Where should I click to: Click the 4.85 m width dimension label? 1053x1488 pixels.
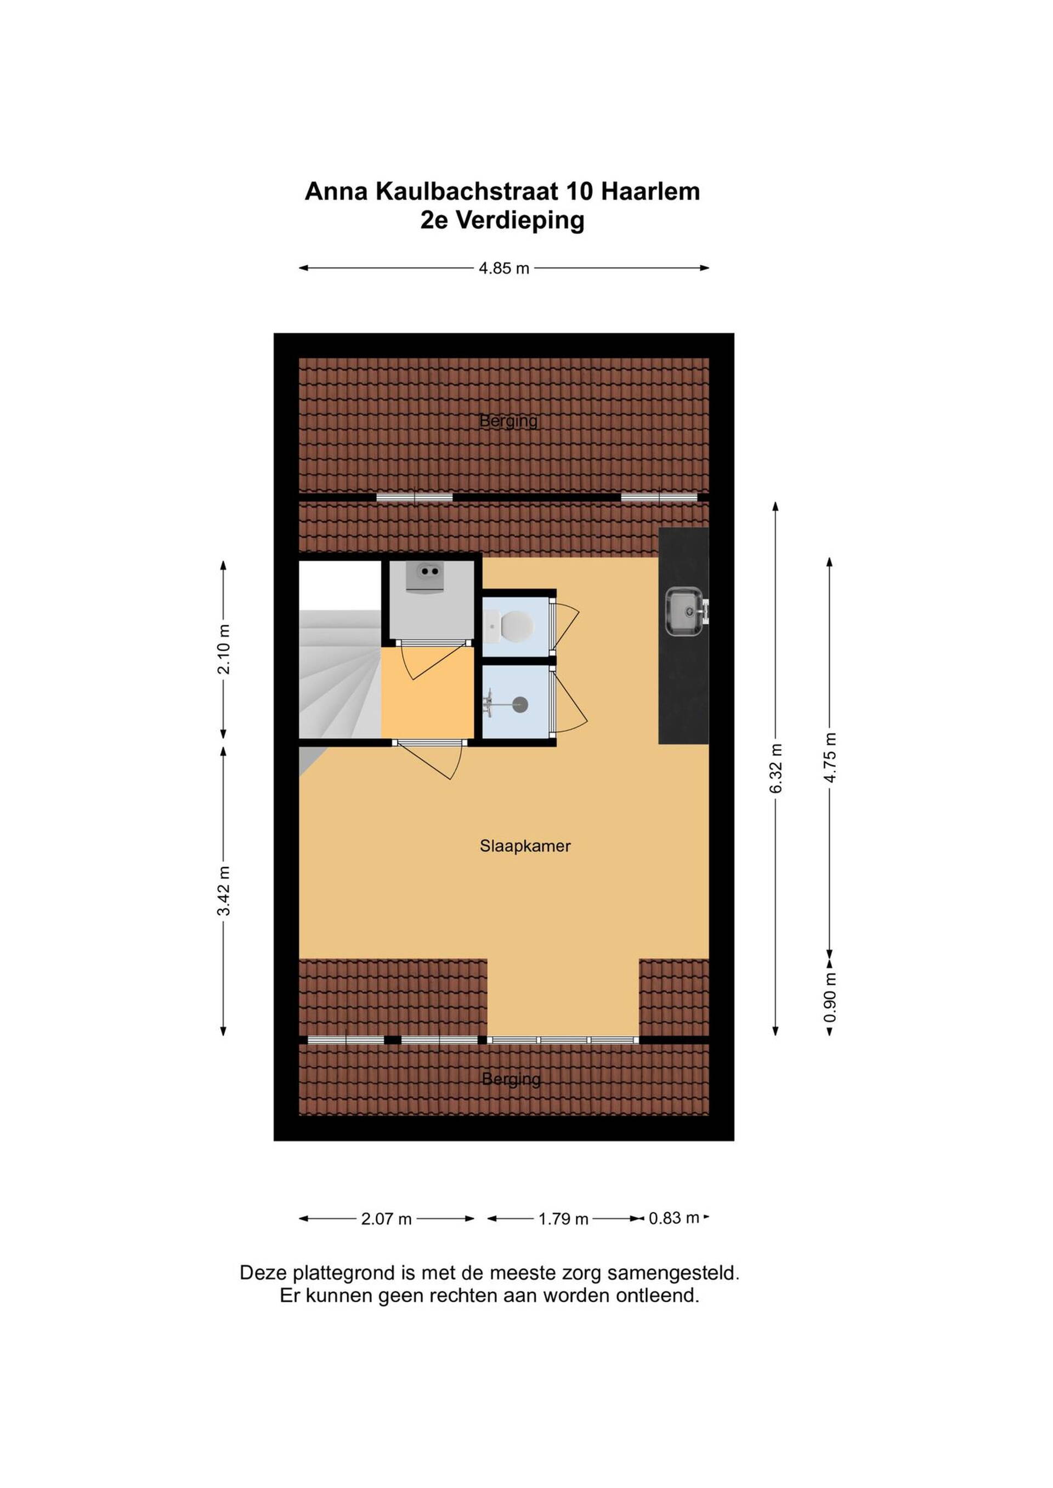504,269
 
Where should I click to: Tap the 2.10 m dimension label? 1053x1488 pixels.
224,649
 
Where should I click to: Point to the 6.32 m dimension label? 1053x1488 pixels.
776,768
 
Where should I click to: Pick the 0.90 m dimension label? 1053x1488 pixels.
830,997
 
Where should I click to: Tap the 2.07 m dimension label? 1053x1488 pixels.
387,1219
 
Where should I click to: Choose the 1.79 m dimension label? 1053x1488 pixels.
563,1219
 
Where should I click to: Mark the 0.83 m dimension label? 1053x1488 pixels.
675,1218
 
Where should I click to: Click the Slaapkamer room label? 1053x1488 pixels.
525,846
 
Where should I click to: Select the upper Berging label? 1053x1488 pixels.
508,421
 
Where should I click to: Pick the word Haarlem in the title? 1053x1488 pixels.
650,192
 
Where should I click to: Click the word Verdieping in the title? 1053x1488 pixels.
520,221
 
